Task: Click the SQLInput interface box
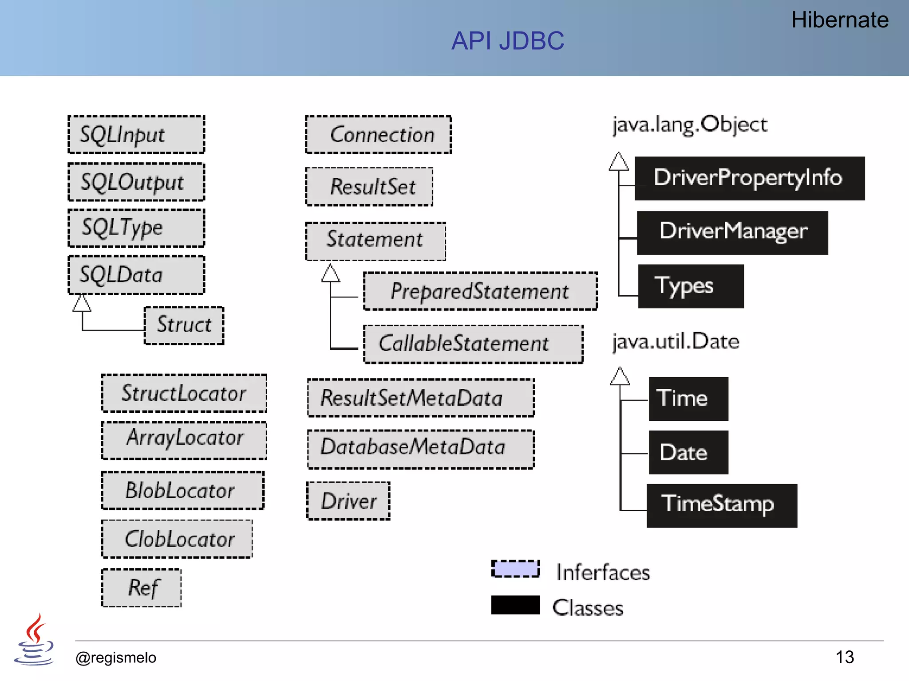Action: click(136, 134)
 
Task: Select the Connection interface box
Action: click(378, 135)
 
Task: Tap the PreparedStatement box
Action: click(480, 291)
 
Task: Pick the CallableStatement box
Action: click(473, 344)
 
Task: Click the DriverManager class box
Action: click(732, 232)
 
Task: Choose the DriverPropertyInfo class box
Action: click(749, 178)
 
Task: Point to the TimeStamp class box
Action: click(721, 505)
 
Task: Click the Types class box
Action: click(691, 286)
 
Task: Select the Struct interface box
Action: click(184, 325)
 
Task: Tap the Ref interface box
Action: click(142, 587)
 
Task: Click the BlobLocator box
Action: click(183, 490)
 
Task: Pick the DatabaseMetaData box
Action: click(421, 449)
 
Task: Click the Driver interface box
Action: click(348, 501)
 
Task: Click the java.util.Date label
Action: click(676, 342)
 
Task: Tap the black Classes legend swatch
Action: click(515, 605)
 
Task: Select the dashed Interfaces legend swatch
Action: click(515, 569)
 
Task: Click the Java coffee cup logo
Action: click(34, 640)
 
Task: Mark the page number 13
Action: click(844, 657)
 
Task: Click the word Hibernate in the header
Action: click(839, 20)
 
